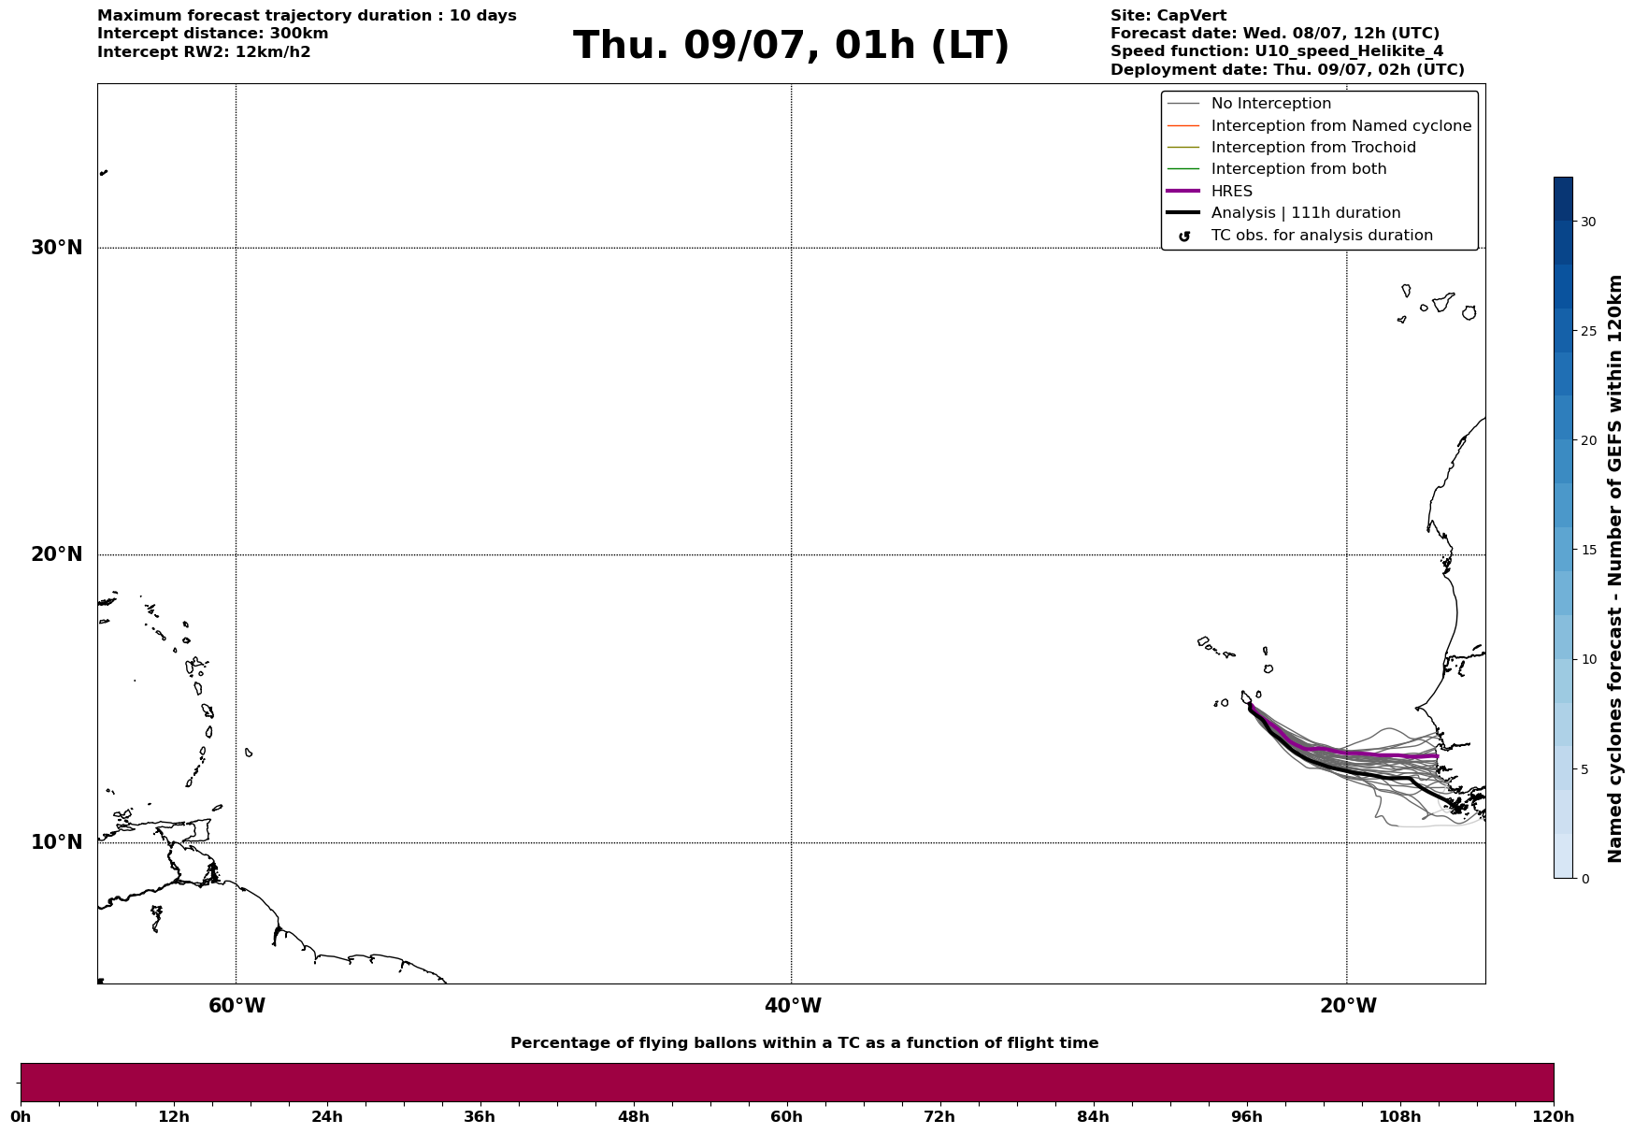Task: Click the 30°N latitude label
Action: coord(57,248)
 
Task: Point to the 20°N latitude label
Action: coord(57,554)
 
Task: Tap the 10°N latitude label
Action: coord(57,842)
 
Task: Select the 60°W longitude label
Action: coord(236,1006)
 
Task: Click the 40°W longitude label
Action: coord(793,1006)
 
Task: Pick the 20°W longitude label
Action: coord(1348,1006)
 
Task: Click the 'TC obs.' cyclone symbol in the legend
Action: coord(1184,237)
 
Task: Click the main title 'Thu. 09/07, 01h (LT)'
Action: coord(791,46)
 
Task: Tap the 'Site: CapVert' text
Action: coord(1168,16)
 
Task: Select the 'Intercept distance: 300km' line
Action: coord(213,34)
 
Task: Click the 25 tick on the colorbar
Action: coord(1588,331)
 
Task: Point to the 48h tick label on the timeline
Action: coord(633,1117)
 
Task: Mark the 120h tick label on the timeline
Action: coord(1554,1117)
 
